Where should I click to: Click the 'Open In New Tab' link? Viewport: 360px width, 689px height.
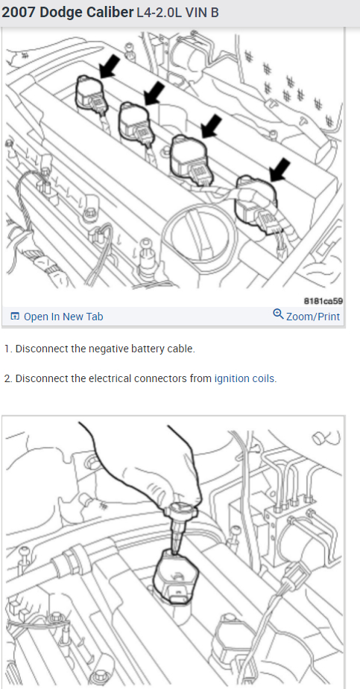tap(63, 317)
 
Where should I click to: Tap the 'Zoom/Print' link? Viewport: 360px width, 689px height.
tap(313, 317)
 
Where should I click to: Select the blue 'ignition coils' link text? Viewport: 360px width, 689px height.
tap(244, 378)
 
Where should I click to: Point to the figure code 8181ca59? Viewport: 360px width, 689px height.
tap(323, 301)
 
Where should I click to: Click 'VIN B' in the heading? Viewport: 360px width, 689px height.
tap(202, 13)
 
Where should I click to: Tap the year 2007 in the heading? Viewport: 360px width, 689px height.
tap(18, 13)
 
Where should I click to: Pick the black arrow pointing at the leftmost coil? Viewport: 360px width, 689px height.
tap(109, 66)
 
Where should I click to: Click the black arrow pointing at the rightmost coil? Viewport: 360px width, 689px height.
tap(280, 171)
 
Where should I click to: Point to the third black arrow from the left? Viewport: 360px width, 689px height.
tap(211, 125)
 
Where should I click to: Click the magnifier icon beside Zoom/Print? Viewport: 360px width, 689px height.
tap(278, 314)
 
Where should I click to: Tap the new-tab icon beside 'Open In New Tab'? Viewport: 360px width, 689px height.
tap(15, 317)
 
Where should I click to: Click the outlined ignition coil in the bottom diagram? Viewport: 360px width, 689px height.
tap(175, 576)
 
